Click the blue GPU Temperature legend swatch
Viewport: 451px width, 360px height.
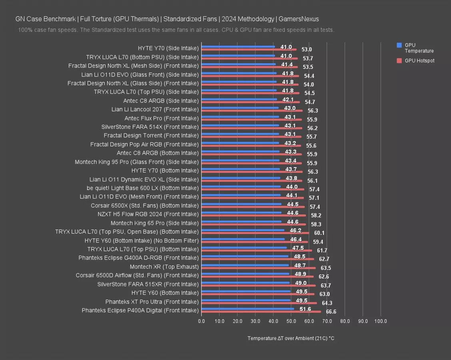coord(399,45)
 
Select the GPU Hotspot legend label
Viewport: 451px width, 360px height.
coord(419,61)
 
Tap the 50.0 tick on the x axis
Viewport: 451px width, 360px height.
coord(291,321)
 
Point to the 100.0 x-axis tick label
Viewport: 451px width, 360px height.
coord(380,321)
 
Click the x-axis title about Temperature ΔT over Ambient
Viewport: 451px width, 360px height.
coord(291,338)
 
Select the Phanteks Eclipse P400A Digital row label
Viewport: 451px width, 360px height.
coord(140,310)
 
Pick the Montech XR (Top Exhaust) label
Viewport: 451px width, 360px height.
coord(164,266)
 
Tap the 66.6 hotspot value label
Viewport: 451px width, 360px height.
coord(331,312)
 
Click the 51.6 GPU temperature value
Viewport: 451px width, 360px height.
coord(305,309)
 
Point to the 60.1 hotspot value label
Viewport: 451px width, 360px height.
coord(319,233)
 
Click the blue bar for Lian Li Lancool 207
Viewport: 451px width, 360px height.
coord(240,108)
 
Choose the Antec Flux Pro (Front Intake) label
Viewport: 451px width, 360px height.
coord(162,118)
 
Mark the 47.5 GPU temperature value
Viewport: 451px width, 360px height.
coord(298,248)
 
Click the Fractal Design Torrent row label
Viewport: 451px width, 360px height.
coord(151,136)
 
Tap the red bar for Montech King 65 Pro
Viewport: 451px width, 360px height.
coord(253,224)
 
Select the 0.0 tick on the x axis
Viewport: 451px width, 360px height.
coord(201,321)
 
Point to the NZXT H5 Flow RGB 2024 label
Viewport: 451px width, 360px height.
coord(148,214)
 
